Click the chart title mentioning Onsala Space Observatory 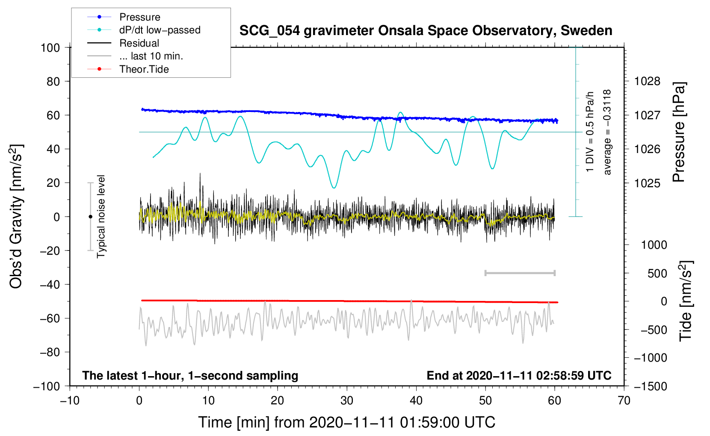tap(426, 31)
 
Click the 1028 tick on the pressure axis tap(647, 82)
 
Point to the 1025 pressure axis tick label tap(647, 183)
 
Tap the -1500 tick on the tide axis tap(651, 386)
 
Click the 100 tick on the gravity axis tap(50, 48)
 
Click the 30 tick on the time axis tap(347, 401)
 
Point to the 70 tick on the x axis tap(624, 401)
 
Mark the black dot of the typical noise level tap(90, 217)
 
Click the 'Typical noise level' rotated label tap(101, 217)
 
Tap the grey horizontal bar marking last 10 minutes tap(520, 273)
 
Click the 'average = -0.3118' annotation tap(607, 132)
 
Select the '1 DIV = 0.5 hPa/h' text tap(589, 132)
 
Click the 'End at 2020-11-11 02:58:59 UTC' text tap(519, 375)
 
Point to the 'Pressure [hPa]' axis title tap(679, 132)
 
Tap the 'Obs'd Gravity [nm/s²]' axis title tap(16, 217)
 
